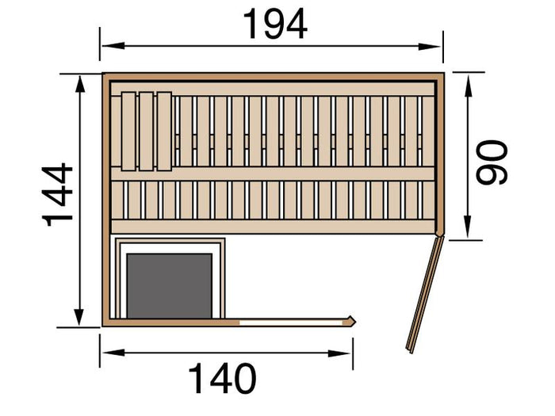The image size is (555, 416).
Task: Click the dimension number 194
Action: click(275, 25)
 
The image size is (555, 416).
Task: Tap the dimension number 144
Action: click(58, 194)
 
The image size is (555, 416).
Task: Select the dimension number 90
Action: click(492, 162)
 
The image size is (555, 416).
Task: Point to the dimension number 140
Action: click(222, 378)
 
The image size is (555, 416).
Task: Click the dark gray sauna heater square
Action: click(170, 286)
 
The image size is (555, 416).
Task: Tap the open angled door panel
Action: click(424, 295)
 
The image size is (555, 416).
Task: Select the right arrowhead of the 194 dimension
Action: click(430, 46)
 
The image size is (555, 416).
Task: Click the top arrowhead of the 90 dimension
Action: click(469, 86)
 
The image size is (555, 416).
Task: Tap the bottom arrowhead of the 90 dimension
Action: click(468, 227)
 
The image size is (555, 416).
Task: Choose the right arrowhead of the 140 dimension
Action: click(339, 353)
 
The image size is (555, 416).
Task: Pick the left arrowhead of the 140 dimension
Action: click(113, 353)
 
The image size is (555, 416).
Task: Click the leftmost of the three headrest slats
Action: click(128, 132)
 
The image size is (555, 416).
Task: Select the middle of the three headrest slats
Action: click(146, 132)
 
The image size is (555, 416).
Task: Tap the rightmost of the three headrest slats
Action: click(164, 132)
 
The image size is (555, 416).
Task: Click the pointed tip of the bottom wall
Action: click(355, 322)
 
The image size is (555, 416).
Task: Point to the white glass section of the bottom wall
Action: click(291, 322)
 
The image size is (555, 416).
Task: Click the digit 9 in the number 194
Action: click(275, 25)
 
